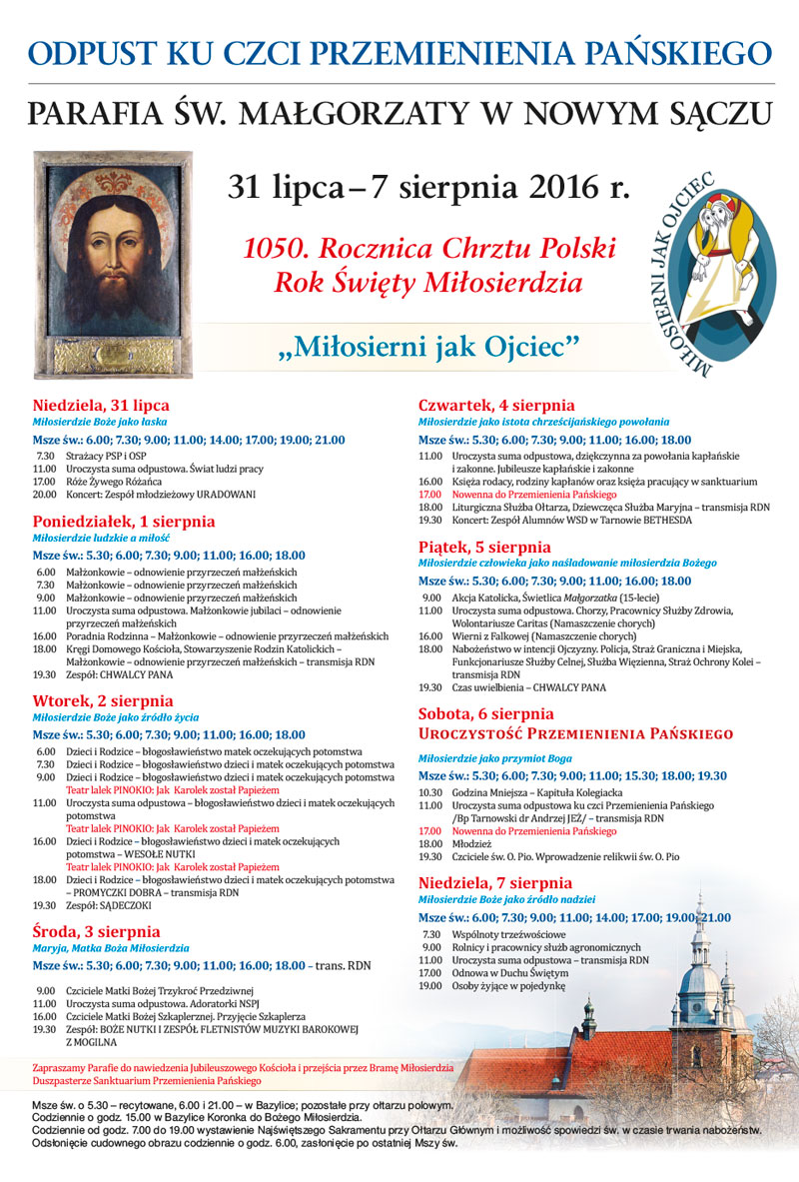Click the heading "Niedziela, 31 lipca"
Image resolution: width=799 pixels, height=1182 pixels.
coord(101,406)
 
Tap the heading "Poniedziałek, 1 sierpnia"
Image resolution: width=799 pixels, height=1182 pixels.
coord(124,522)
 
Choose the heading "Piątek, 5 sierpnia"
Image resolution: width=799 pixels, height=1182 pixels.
coord(484,547)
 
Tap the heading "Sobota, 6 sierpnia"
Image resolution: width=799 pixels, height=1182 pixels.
coord(485,714)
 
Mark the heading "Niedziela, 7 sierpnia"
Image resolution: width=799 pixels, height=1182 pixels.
coord(494,883)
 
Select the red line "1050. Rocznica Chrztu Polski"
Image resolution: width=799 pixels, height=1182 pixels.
coord(429,248)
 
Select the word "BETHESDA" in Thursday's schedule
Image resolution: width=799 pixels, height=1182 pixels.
coord(658,521)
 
